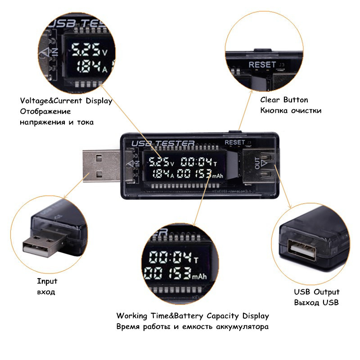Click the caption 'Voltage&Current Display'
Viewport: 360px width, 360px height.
66,101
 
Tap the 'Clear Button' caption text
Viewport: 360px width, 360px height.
284,100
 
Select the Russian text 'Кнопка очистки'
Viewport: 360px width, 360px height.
291,111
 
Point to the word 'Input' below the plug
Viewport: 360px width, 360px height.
47,281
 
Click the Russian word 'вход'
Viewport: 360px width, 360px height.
46,292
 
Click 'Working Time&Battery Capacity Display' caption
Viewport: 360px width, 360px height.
193,315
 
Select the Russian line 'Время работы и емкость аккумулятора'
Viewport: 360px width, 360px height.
193,326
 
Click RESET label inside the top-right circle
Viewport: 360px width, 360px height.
262,64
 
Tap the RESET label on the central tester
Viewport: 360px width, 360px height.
235,142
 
